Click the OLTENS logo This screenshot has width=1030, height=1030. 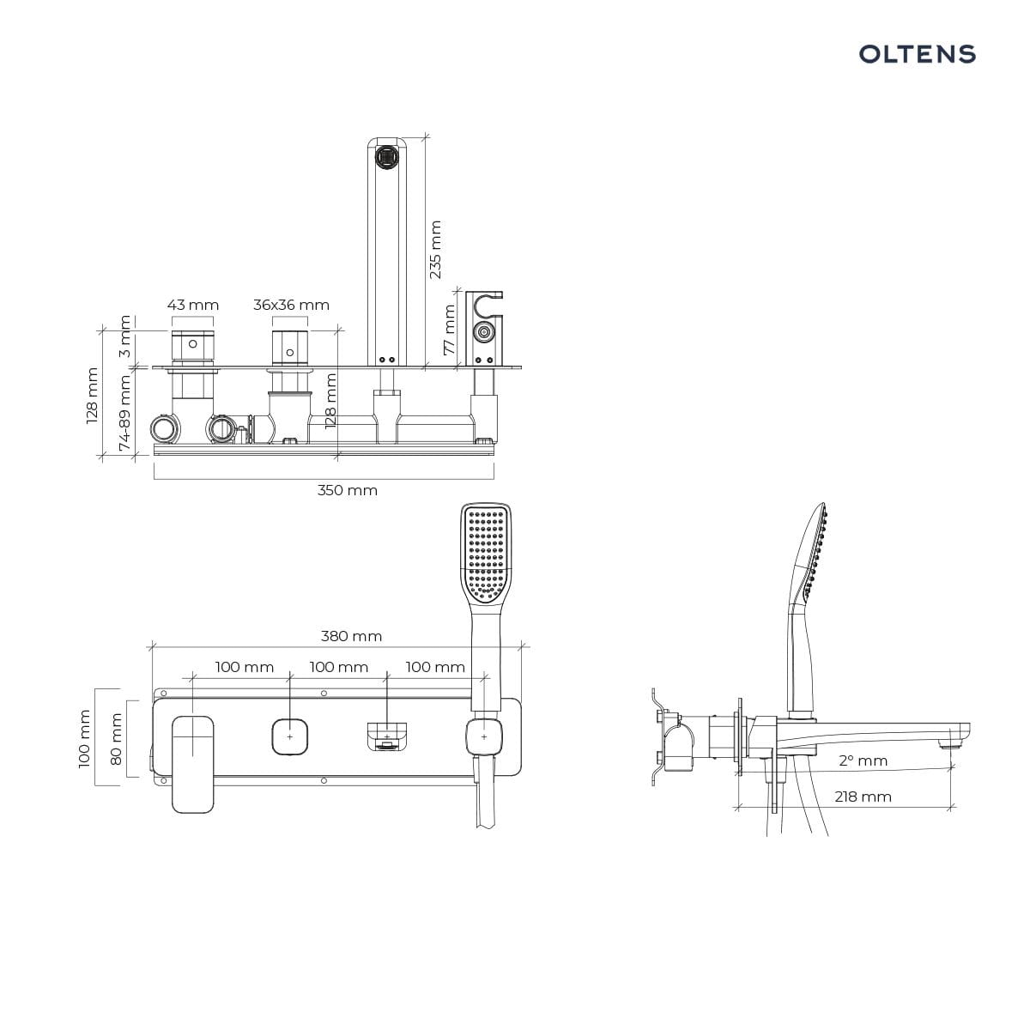pyautogui.click(x=917, y=54)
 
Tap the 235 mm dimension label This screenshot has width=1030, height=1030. pyautogui.click(x=436, y=249)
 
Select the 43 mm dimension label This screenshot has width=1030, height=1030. pyautogui.click(x=193, y=305)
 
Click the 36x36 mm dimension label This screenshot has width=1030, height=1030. pyautogui.click(x=291, y=305)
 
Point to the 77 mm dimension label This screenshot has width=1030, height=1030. pyautogui.click(x=450, y=330)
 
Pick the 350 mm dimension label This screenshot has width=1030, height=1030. pyautogui.click(x=348, y=490)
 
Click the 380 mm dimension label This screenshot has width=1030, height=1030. pyautogui.click(x=351, y=636)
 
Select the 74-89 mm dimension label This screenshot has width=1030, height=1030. pyautogui.click(x=124, y=413)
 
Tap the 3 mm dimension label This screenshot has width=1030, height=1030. pyautogui.click(x=124, y=336)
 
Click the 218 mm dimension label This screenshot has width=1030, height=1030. pyautogui.click(x=863, y=797)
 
